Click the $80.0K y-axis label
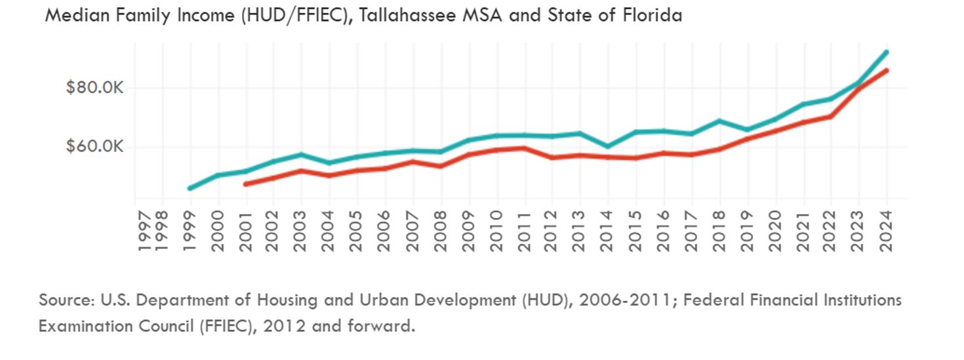[94, 88]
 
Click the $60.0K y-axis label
[94, 147]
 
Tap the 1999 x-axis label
[190, 231]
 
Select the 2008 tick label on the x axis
[441, 231]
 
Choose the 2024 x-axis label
[887, 231]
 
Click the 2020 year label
[775, 231]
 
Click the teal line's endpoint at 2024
[887, 52]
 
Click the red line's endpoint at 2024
[887, 70]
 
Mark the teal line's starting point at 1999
[190, 188]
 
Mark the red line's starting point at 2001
[246, 184]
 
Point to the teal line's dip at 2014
[608, 146]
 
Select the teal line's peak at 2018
[719, 121]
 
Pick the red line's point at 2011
[524, 148]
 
